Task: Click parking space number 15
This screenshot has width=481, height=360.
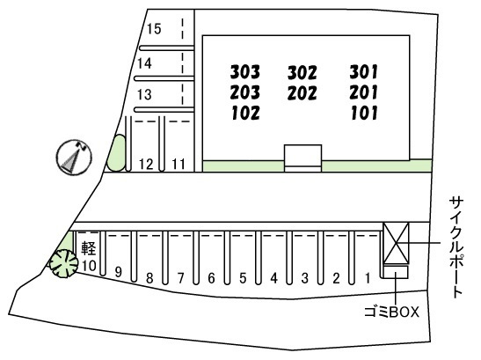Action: point(154,29)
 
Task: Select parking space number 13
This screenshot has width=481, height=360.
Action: point(144,94)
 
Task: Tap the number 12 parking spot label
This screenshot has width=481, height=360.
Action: point(146,165)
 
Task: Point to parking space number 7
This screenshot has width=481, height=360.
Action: point(180,278)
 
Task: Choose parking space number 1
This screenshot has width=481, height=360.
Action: point(368,278)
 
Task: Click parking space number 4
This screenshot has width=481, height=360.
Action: point(274,278)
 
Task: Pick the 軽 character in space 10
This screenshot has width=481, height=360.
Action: point(89,248)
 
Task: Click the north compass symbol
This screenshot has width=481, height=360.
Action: point(74,158)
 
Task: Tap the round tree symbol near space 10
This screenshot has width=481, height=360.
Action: point(64,263)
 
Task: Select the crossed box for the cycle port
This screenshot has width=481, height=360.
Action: point(396,243)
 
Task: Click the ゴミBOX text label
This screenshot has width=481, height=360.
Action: point(391,312)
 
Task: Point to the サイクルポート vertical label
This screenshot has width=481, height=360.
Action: point(456,247)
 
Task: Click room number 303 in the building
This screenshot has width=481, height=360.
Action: point(245,71)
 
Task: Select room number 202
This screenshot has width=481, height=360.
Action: point(302,93)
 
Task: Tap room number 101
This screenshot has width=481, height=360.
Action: point(364,113)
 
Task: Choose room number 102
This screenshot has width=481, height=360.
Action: point(245,113)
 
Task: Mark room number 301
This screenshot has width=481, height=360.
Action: point(364,71)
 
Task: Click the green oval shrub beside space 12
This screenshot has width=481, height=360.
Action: point(116,152)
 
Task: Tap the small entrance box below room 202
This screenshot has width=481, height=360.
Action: point(302,158)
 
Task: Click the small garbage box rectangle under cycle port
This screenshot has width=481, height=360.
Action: point(396,272)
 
